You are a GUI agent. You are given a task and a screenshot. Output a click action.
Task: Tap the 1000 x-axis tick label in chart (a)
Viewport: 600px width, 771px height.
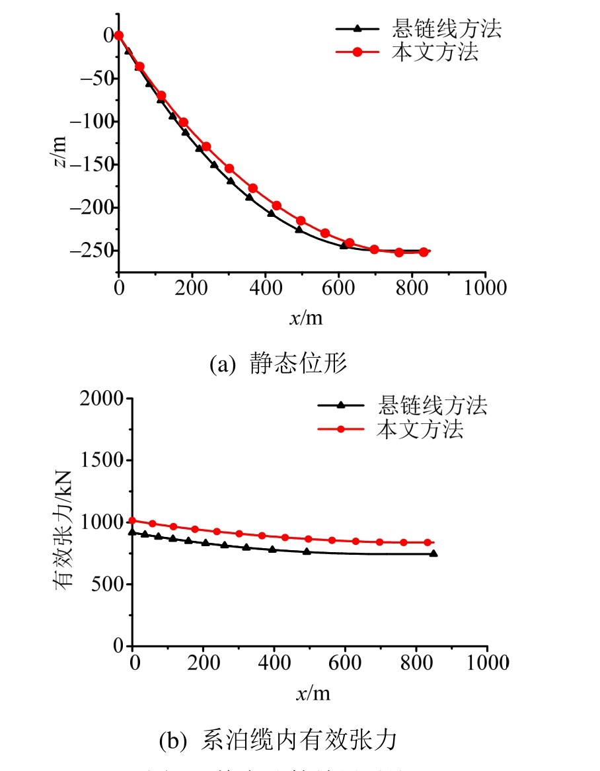[x=485, y=288]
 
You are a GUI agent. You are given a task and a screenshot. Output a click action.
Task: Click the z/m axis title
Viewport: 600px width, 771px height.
[x=60, y=152]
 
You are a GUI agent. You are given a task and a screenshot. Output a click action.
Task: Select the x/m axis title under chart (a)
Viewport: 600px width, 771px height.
[x=305, y=318]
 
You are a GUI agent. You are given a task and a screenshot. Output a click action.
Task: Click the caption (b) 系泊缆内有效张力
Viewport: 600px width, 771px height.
[x=278, y=741]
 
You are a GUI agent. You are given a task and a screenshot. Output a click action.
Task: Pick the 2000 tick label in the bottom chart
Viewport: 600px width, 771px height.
[x=101, y=399]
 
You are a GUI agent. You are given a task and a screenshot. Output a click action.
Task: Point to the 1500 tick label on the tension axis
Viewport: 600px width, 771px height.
[x=101, y=461]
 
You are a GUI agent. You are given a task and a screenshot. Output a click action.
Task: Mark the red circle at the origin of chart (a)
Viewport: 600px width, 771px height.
[x=119, y=36]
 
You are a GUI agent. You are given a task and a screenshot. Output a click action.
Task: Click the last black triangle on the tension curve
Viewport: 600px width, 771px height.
[x=433, y=553]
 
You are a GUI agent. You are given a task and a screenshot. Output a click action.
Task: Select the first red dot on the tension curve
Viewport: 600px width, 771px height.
[x=133, y=520]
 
